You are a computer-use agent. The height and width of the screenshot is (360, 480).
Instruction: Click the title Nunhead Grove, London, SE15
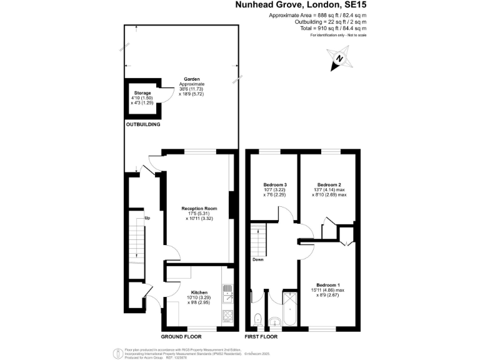click(x=299, y=6)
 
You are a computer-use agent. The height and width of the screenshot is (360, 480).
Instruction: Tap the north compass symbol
click(x=339, y=59)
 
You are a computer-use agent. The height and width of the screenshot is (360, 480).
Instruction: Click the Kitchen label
click(x=199, y=292)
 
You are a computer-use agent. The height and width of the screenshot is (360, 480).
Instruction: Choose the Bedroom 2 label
click(x=329, y=185)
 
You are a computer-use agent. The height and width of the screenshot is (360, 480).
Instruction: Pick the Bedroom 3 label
click(x=275, y=185)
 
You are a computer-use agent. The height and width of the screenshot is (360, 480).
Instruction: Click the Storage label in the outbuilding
click(x=142, y=93)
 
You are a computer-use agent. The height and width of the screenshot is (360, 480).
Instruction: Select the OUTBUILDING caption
click(x=143, y=125)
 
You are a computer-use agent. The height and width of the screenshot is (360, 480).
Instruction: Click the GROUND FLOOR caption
click(x=181, y=337)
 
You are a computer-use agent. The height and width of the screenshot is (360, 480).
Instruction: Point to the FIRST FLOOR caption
click(x=261, y=337)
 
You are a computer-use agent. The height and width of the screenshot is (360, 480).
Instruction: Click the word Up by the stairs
click(x=147, y=218)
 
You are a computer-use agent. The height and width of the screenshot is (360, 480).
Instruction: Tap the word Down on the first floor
click(x=258, y=259)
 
